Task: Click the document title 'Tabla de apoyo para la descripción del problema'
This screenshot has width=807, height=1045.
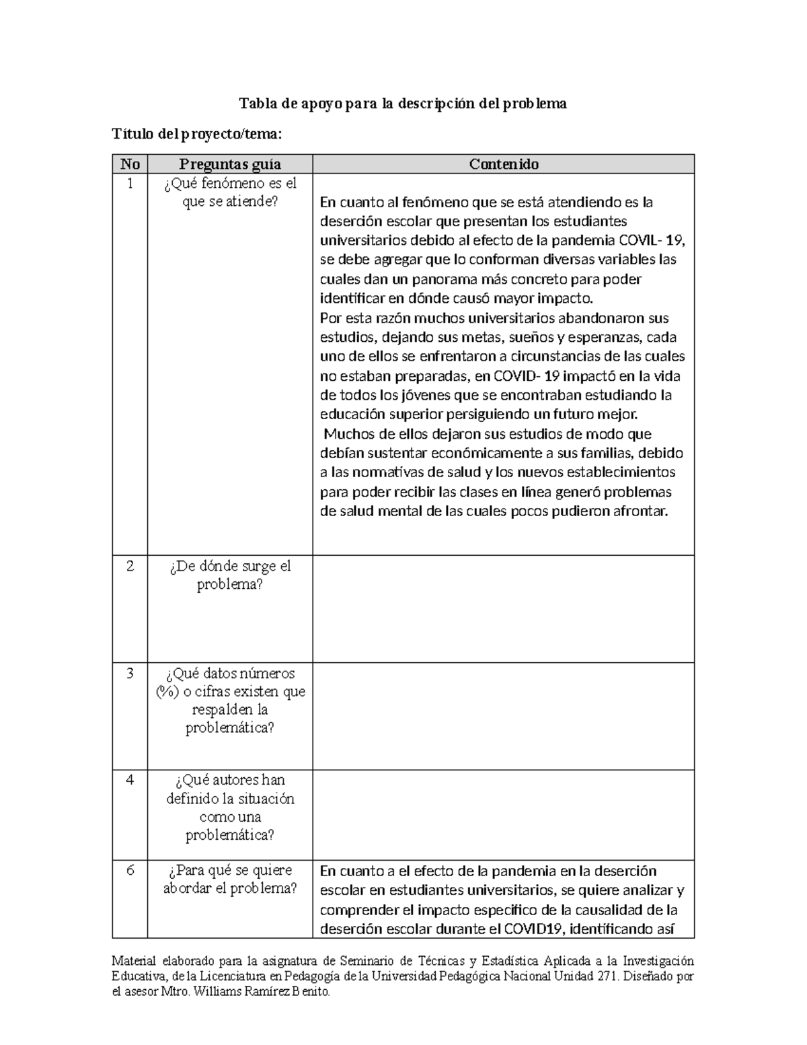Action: point(403,104)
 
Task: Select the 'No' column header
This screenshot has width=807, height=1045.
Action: point(130,164)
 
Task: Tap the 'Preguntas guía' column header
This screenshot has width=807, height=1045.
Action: point(230,164)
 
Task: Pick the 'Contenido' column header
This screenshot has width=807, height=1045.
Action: point(503,164)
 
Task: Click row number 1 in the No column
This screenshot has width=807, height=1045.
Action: point(130,184)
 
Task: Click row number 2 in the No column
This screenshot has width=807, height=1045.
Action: point(130,567)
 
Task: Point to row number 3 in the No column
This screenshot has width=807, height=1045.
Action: point(130,674)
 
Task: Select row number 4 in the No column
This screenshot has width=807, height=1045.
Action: point(130,781)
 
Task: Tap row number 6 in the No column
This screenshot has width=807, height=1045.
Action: point(130,871)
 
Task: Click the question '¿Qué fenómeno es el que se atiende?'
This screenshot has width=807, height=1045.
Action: point(230,192)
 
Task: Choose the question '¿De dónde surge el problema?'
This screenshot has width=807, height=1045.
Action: point(230,575)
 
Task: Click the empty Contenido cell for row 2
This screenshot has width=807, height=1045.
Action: point(503,609)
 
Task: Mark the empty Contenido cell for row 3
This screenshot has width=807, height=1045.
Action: point(503,716)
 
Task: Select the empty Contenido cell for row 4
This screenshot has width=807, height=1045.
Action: point(503,814)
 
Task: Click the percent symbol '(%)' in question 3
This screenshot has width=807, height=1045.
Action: point(167,692)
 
